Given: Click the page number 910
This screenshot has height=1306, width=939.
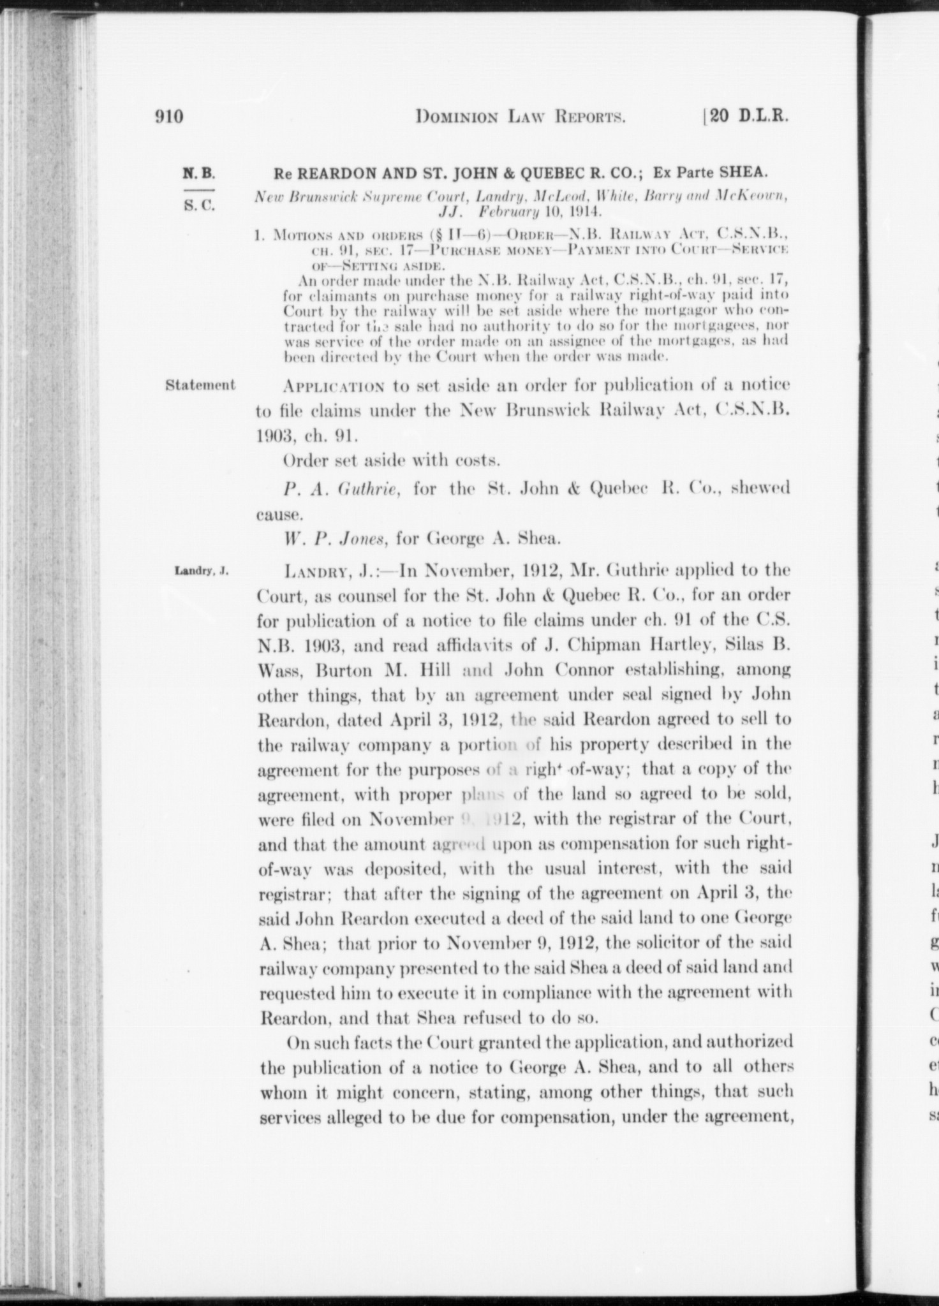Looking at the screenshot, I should coord(169,117).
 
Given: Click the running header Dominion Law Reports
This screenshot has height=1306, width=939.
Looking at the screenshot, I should coord(519,117).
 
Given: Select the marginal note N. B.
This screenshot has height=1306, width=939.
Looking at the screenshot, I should coord(199,173).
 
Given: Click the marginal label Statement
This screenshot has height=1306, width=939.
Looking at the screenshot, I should coord(200,385).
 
